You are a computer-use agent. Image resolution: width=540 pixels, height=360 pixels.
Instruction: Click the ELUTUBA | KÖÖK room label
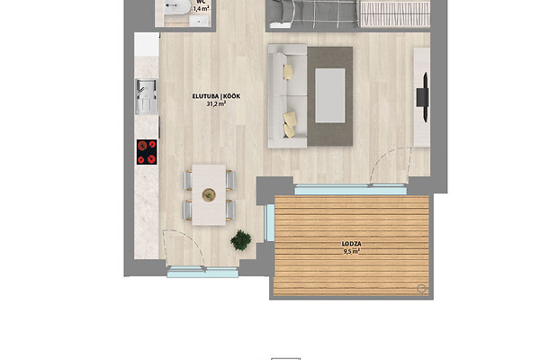[x=216, y=96]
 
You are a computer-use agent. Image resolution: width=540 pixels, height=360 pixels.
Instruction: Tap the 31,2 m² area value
[x=216, y=103]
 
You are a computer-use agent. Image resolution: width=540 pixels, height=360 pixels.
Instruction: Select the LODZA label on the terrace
[x=351, y=244]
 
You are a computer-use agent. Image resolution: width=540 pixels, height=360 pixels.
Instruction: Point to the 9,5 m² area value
[x=351, y=251]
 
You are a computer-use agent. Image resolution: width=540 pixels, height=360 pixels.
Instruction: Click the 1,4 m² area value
[x=201, y=9]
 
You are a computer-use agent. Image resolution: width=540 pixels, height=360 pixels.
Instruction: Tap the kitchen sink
[x=147, y=96]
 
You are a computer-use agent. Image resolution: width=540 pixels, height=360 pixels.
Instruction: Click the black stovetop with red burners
[x=147, y=152]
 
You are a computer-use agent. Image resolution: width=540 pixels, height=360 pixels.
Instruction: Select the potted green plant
[x=241, y=240]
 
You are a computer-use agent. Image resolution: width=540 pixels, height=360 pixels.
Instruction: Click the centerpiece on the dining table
[x=209, y=195]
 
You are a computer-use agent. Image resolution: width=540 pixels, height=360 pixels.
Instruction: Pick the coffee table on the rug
[x=330, y=95]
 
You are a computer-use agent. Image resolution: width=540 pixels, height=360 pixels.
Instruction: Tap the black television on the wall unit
[x=423, y=97]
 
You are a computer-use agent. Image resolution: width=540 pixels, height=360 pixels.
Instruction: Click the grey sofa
[x=287, y=95]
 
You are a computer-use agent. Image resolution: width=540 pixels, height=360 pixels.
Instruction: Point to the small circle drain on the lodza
[x=421, y=288]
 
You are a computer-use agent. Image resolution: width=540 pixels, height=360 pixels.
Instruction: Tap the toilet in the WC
[x=176, y=7]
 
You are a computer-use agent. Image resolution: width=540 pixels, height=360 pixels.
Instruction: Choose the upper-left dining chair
[x=188, y=180]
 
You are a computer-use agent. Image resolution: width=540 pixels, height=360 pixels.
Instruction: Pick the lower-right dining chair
[x=230, y=210]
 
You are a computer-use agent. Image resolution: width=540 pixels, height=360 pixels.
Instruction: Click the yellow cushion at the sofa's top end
[x=288, y=72]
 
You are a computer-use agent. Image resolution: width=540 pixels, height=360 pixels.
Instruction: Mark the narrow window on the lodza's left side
[x=269, y=222]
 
